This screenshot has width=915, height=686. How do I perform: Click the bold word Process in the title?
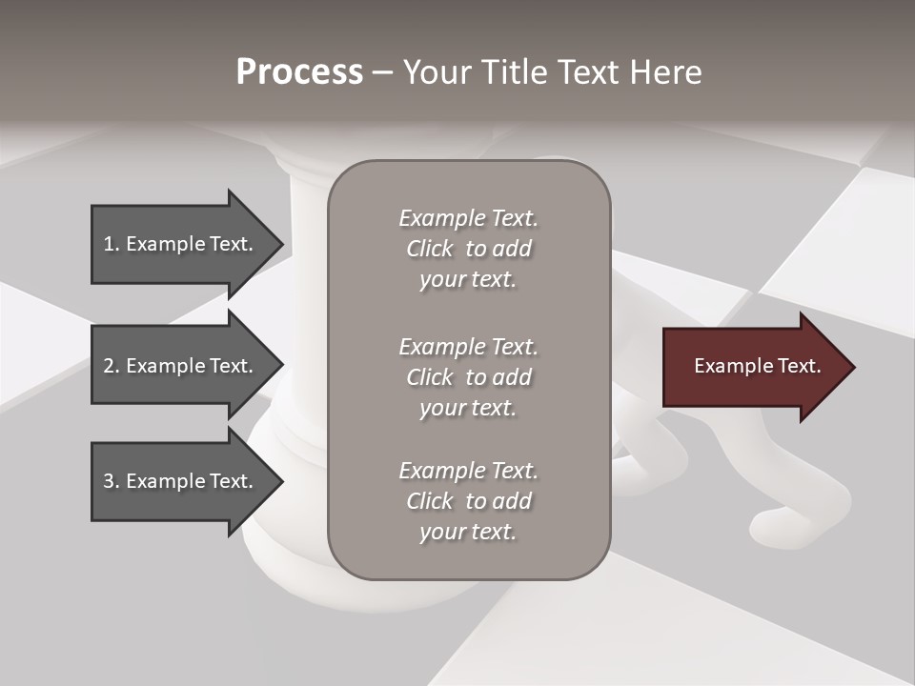click(x=299, y=72)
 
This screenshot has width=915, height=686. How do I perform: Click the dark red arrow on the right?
click(x=753, y=367)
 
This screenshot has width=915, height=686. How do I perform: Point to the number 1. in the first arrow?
click(x=112, y=244)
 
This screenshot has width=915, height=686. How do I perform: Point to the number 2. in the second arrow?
click(x=112, y=366)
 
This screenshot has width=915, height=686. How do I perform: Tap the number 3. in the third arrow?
click(x=112, y=481)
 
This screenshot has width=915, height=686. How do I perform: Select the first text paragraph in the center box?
click(x=468, y=249)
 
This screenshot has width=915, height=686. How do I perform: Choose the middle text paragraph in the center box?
click(x=468, y=377)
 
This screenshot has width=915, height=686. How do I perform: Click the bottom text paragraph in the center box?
click(x=468, y=501)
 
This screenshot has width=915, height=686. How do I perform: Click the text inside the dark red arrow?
click(x=757, y=366)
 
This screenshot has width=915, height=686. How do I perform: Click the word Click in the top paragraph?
click(x=430, y=249)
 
